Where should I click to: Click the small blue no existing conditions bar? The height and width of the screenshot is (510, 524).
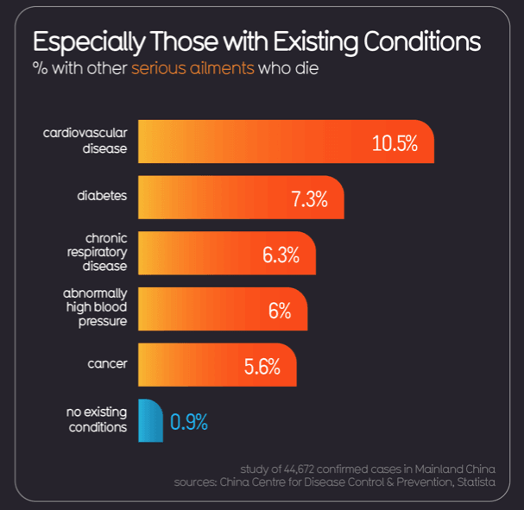[150, 421]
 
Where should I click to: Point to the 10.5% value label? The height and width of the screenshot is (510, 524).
[395, 143]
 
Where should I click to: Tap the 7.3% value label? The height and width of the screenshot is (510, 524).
[309, 199]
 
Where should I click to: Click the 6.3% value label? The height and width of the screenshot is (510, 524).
[281, 255]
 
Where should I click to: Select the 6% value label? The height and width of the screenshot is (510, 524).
[279, 311]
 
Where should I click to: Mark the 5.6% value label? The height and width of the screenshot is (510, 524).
[262, 366]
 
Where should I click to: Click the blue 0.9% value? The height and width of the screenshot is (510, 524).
[189, 422]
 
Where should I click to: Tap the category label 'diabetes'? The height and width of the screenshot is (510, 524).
[102, 196]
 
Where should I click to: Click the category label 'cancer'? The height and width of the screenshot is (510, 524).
[107, 363]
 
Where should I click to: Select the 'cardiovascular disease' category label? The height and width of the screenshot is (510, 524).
[85, 140]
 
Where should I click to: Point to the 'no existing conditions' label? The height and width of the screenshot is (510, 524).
[97, 419]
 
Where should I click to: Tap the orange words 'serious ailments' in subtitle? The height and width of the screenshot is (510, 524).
[193, 68]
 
